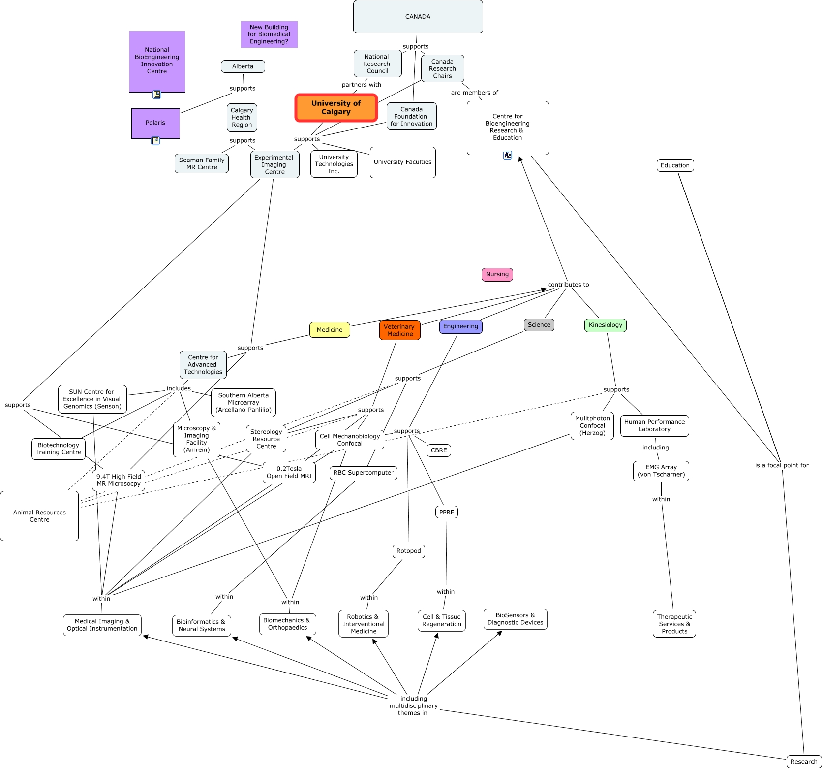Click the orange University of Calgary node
tap(336, 107)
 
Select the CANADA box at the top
tap(418, 17)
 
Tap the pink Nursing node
tap(497, 274)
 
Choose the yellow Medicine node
tap(330, 330)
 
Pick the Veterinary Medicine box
tap(400, 330)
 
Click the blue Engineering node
tap(460, 326)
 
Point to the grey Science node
tap(539, 325)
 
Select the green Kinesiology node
tap(606, 325)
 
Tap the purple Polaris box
tap(155, 123)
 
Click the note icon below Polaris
tap(155, 141)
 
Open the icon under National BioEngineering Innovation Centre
tap(157, 95)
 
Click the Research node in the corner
tap(804, 762)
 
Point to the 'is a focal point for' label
tap(782, 465)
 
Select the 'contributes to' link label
tap(568, 285)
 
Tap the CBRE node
tap(439, 450)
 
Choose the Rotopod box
tap(409, 551)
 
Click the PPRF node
tap(447, 513)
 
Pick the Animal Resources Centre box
tap(39, 516)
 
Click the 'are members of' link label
tap(475, 93)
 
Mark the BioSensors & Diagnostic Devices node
tap(516, 619)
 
